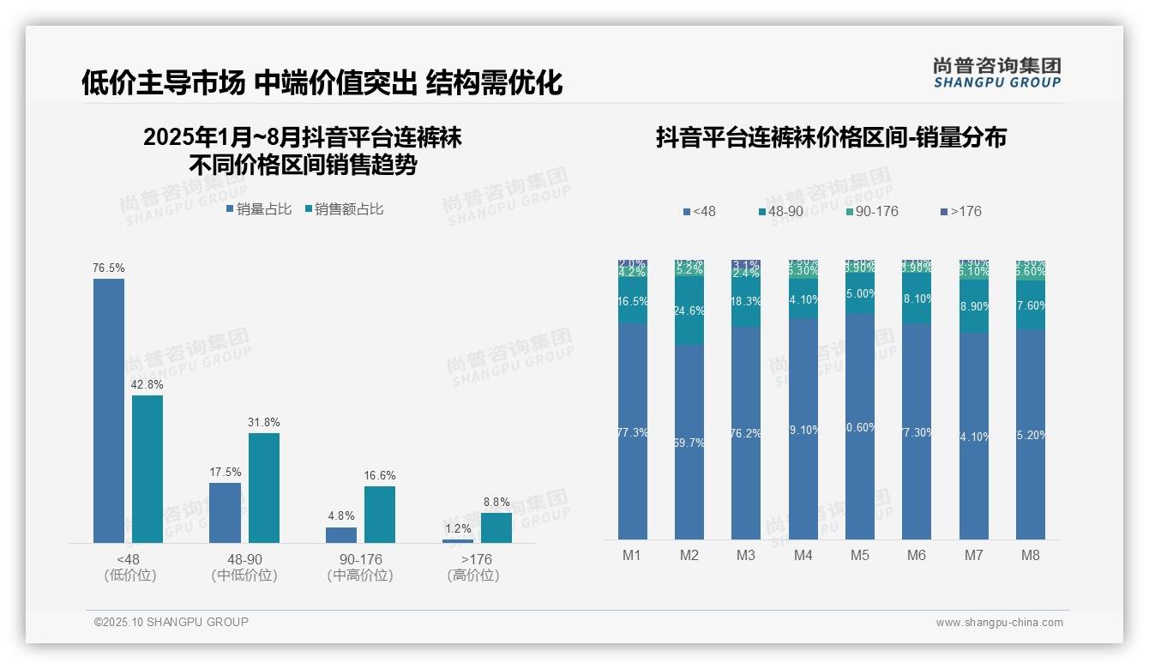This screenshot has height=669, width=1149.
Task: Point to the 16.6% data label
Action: click(380, 476)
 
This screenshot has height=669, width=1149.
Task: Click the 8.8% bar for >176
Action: click(496, 527)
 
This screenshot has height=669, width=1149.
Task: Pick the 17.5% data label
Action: click(226, 473)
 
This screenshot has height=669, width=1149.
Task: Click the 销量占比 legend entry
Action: click(259, 209)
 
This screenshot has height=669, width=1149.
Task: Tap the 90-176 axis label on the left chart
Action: click(360, 559)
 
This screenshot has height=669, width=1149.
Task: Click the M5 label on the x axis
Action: click(860, 555)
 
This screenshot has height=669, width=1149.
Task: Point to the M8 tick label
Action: click(1031, 555)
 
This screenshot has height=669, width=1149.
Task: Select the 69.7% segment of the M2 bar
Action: click(689, 443)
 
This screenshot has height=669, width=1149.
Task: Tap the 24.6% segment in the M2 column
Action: click(689, 310)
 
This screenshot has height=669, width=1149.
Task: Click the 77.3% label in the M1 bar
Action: click(633, 433)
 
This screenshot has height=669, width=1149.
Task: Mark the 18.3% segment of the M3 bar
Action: click(746, 302)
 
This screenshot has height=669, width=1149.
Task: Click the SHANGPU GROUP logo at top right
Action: click(997, 73)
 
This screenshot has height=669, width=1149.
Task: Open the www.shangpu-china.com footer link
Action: click(999, 623)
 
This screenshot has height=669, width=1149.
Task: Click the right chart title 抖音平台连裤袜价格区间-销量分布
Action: click(831, 138)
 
